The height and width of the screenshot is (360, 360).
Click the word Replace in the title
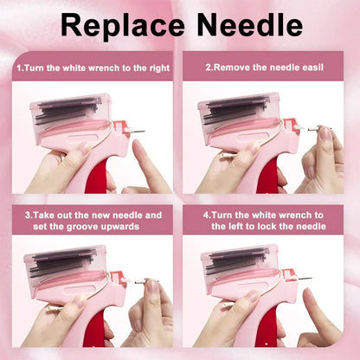(x=123, y=25)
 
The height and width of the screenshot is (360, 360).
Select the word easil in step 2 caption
(x=313, y=67)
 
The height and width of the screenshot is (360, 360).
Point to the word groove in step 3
(x=83, y=227)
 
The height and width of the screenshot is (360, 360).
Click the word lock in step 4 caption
(x=267, y=226)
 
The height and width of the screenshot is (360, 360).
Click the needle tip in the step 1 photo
(x=144, y=132)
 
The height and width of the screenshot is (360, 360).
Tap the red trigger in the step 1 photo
(x=97, y=177)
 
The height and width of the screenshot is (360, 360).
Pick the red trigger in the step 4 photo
(x=266, y=328)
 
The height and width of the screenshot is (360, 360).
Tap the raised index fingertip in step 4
(x=309, y=293)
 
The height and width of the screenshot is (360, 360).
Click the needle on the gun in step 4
(x=305, y=279)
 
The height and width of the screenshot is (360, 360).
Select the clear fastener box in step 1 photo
(x=71, y=115)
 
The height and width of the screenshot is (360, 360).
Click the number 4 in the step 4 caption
(x=206, y=215)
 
